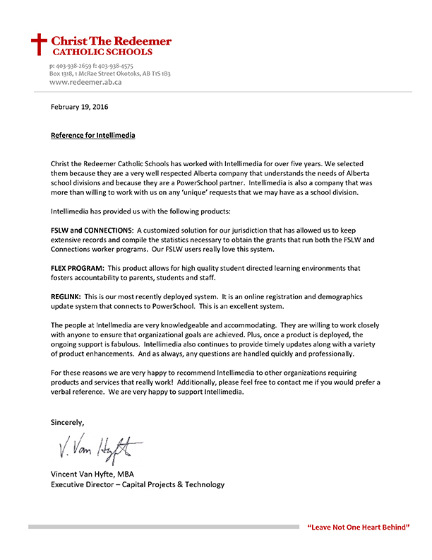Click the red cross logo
pos(39,45)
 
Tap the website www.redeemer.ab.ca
pos(85,82)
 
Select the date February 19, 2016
pos(80,107)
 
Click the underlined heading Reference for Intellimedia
pos(92,134)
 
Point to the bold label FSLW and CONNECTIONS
pos(92,231)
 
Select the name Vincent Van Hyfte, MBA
pos(97,473)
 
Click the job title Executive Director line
pos(138,484)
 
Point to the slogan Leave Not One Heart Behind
pos(358,527)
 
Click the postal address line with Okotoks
pos(109,74)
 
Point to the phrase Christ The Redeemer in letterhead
pos(112,41)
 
